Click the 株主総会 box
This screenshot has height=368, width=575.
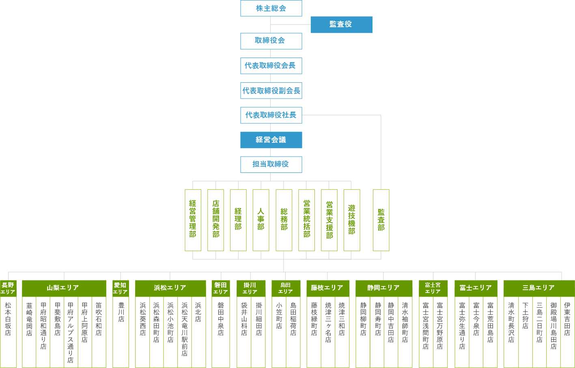(x=271, y=8)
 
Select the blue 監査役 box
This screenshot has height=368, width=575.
(x=341, y=24)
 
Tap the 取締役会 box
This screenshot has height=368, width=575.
(x=271, y=41)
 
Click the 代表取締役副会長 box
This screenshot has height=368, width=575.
(x=271, y=90)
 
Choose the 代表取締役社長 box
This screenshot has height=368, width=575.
(x=271, y=115)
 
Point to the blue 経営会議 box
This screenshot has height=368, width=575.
(x=271, y=140)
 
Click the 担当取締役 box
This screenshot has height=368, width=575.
(x=271, y=164)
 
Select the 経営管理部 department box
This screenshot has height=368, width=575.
(x=193, y=220)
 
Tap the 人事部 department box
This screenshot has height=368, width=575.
(x=261, y=220)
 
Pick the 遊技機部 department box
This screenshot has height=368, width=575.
(x=351, y=220)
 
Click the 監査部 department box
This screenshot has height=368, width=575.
(x=381, y=220)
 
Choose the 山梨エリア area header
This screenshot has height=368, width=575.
(x=64, y=288)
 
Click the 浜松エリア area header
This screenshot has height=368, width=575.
(x=170, y=288)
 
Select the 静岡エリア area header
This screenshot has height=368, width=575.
(x=384, y=288)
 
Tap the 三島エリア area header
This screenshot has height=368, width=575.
(x=538, y=288)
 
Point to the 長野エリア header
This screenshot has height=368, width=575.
(x=8, y=288)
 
